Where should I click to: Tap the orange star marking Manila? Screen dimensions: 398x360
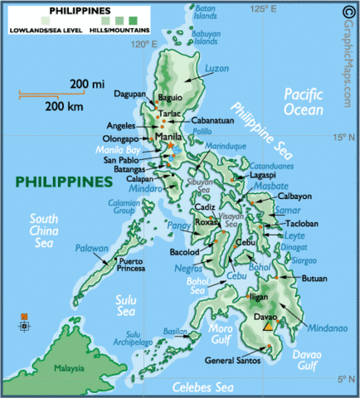click(x=172, y=146)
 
